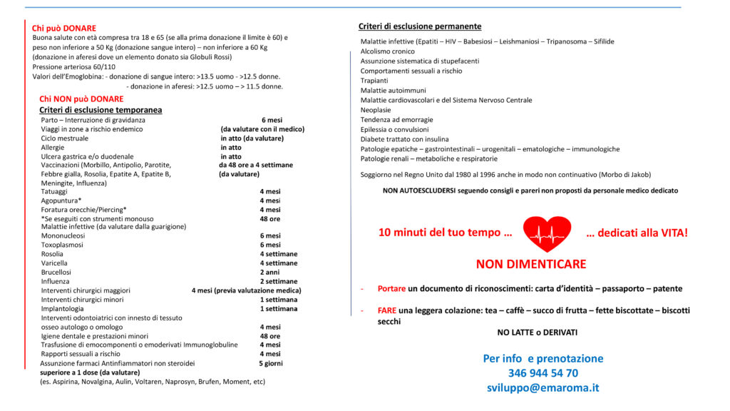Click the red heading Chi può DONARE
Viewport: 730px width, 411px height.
tap(64, 28)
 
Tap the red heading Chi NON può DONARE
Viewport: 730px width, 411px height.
tap(81, 99)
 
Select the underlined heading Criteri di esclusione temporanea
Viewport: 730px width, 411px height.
tap(101, 110)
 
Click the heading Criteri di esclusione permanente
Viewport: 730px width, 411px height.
tap(420, 26)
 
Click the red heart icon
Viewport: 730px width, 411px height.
tap(547, 233)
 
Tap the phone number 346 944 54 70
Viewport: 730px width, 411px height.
tap(543, 373)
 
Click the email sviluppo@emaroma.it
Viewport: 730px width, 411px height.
tap(543, 388)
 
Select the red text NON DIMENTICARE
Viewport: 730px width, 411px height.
tap(531, 264)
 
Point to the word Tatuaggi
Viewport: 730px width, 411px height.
tap(55, 192)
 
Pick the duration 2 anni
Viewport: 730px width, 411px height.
tap(270, 272)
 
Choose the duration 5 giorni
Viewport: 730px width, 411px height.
tap(270, 363)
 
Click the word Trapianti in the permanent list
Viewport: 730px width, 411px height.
tap(374, 81)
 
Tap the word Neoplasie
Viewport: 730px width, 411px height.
tap(376, 110)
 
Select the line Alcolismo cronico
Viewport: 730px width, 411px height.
tap(387, 51)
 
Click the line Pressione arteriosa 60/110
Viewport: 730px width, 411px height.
tap(73, 66)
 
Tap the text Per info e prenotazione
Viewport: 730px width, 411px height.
tap(543, 358)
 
